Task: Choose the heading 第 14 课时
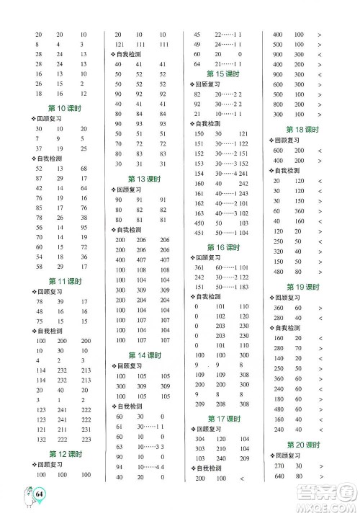pyautogui.click(x=146, y=355)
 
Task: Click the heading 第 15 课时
pyautogui.click(x=222, y=74)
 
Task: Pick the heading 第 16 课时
pyautogui.click(x=222, y=246)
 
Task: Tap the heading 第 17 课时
pyautogui.click(x=222, y=418)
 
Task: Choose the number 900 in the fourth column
pyautogui.click(x=278, y=55)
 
